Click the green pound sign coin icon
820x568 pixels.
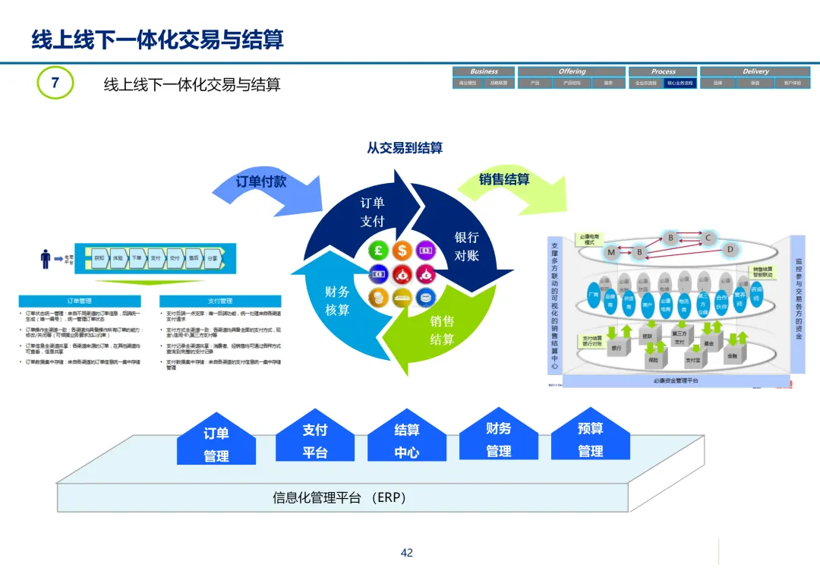[x=379, y=251]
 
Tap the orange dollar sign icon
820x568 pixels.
[x=402, y=249]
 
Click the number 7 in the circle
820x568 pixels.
[x=55, y=82]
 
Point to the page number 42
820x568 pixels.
[x=407, y=553]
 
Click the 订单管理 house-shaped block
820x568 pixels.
[x=216, y=442]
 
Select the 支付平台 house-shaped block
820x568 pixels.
[x=315, y=439]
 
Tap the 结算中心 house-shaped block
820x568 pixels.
[x=407, y=439]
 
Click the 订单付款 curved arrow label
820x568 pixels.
[x=261, y=182]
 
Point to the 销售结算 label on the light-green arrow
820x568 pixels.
[x=504, y=180]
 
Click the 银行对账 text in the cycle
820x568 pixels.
[x=466, y=247]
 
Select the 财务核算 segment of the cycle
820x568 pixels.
[x=337, y=301]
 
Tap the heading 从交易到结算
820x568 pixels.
[x=405, y=148]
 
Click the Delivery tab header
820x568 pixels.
[x=755, y=71]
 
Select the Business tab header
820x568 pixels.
[x=484, y=71]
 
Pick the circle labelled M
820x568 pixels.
[x=611, y=251]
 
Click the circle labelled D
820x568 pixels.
[x=730, y=248]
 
